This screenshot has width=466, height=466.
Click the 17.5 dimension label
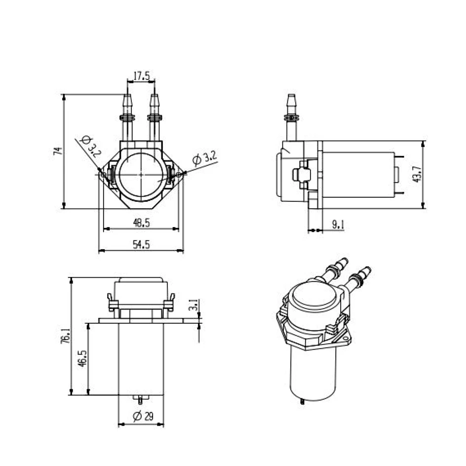coord(141,77)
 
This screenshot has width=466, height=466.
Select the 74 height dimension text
coord(57,151)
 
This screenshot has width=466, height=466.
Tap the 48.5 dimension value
coord(141,223)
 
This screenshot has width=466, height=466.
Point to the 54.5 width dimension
coord(141,245)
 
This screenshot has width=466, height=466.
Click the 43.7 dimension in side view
coord(417,174)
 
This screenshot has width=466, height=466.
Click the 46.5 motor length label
coord(82,358)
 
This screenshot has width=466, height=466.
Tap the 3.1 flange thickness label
coord(194,305)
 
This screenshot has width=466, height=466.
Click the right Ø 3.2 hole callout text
coord(204,158)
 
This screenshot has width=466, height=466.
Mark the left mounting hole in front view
coord(103,174)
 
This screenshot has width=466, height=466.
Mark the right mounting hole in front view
coord(179,174)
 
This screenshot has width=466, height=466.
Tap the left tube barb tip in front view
coord(127,97)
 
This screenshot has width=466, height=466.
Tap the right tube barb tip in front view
coord(155,97)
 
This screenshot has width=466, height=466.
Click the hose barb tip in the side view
coord(291,97)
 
